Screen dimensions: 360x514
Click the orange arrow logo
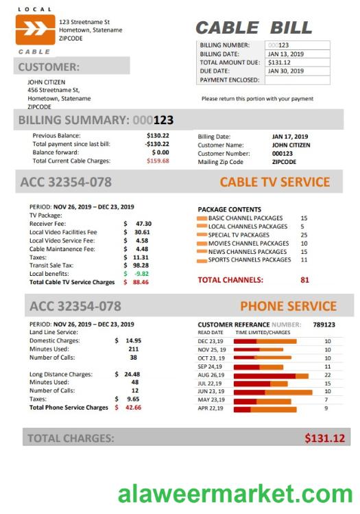(35, 30)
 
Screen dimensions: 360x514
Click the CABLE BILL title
(253, 28)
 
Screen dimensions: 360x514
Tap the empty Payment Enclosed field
(296, 80)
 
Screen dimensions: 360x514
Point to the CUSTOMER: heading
(49, 67)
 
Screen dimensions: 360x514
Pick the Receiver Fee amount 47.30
(143, 224)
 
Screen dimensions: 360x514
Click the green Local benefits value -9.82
(142, 273)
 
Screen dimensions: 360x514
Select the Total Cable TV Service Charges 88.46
(141, 282)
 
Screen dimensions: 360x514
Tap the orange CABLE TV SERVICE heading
(274, 183)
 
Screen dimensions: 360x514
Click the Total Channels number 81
(304, 280)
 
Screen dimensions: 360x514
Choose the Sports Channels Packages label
(249, 260)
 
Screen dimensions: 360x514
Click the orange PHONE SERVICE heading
(288, 306)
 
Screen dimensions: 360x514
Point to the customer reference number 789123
(324, 325)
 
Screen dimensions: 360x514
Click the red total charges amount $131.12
(324, 438)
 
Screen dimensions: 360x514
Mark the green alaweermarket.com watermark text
(235, 493)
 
